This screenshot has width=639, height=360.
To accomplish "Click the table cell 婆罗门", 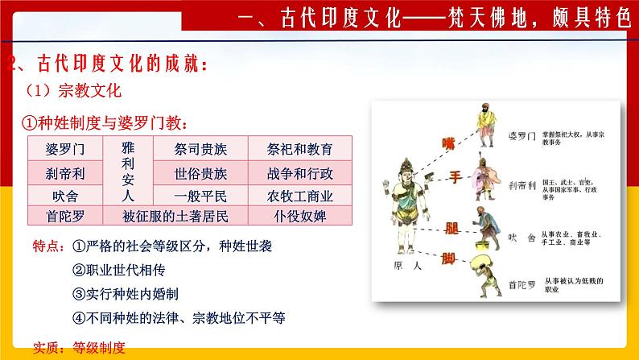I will (x=65, y=149).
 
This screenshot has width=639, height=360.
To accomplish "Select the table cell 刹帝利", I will (x=65, y=172).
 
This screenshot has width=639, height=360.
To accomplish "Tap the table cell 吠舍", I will (x=65, y=195).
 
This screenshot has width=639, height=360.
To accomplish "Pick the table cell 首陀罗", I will (x=65, y=216).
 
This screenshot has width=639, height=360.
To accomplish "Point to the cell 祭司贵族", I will (x=200, y=149).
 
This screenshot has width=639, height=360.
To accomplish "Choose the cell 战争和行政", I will (x=300, y=172).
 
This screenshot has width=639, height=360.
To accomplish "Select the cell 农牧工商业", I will (x=300, y=195).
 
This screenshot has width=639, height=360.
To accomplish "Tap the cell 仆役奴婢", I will (x=300, y=216).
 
